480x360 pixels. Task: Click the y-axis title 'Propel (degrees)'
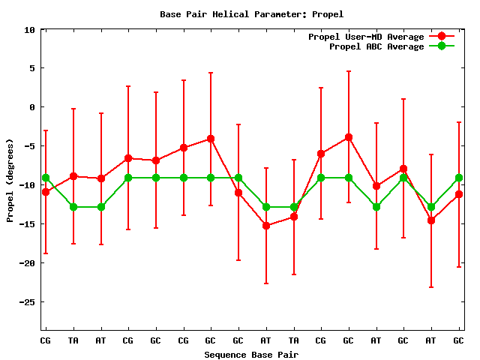10,181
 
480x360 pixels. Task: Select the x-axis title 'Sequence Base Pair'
252,354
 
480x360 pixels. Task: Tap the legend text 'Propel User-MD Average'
366,37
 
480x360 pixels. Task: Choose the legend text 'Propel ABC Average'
376,46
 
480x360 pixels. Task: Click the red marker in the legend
442,37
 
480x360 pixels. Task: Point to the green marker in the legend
442,46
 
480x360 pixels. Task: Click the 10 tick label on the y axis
30,30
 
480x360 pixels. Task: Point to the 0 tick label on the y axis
32,108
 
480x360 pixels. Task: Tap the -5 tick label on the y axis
30,147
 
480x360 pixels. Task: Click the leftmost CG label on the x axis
46,340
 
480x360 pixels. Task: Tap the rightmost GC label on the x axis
458,340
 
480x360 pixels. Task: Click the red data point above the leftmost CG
46,192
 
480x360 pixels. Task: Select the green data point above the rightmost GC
458,178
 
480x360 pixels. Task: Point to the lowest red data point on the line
265,226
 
